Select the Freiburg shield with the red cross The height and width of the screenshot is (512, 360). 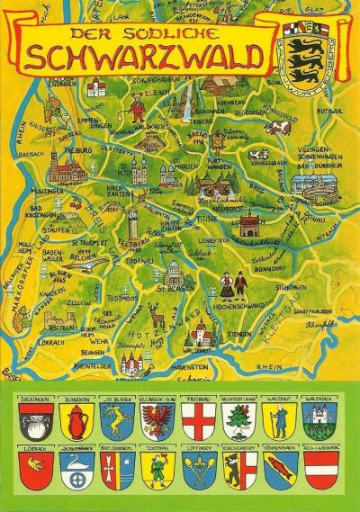(196, 419)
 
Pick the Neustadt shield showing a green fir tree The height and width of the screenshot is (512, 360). (237, 419)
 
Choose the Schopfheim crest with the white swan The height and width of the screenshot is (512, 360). (74, 468)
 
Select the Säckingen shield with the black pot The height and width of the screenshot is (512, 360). (32, 419)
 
